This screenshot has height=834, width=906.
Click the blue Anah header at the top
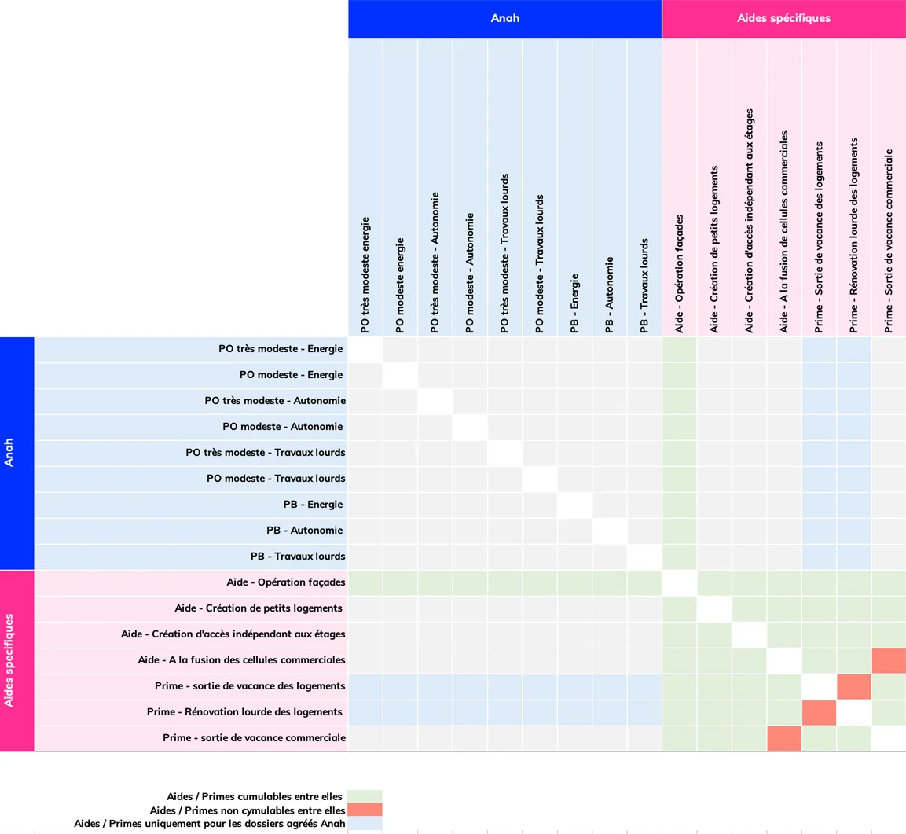click(505, 19)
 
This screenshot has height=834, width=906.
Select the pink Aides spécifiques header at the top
click(784, 19)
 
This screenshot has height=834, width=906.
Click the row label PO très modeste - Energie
click(281, 348)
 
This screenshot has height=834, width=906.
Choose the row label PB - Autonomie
click(305, 530)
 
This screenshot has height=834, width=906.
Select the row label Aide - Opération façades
click(285, 582)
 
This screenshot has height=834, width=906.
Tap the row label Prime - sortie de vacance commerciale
click(254, 737)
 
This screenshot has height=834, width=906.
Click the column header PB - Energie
click(574, 303)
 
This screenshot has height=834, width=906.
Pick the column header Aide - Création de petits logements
click(714, 249)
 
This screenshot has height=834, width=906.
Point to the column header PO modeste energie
click(400, 285)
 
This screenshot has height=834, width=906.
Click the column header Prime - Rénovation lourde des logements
click(853, 235)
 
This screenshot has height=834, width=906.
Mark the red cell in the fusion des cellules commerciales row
click(889, 660)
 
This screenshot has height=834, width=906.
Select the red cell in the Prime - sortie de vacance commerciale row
click(784, 739)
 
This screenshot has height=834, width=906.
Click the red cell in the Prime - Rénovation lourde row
click(819, 713)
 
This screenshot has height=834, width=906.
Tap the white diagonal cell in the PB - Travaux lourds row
click(644, 557)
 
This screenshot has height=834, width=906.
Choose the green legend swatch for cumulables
click(365, 795)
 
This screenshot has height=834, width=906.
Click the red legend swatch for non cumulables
click(365, 809)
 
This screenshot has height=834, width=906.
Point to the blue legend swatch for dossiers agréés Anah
click(365, 823)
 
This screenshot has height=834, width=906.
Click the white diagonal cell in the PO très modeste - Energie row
click(365, 350)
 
